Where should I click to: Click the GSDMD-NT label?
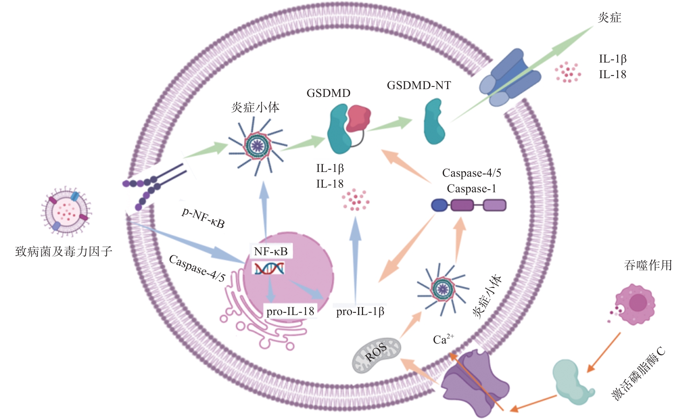(419, 85)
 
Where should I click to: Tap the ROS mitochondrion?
(376, 355)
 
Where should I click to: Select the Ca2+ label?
(443, 339)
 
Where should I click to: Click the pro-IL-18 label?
(290, 312)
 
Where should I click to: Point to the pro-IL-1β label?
(360, 312)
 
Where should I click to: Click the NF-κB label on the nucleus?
(270, 251)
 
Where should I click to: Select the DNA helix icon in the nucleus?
(269, 269)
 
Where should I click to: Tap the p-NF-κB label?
(203, 218)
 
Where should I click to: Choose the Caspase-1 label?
(471, 189)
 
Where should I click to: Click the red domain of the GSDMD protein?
(358, 117)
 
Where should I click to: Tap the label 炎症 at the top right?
(609, 18)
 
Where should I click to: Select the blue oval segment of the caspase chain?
(439, 205)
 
